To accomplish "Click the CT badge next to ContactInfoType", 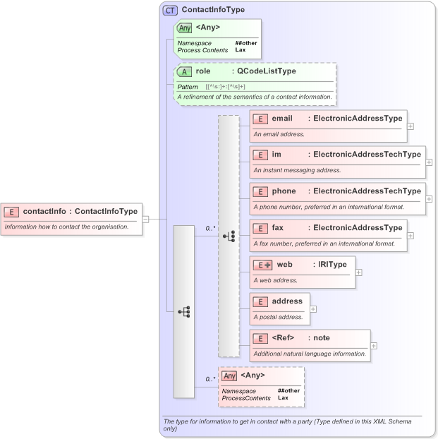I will click(170, 11).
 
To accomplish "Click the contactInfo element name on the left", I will click(46, 210).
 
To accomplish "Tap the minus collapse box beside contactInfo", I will click(145, 219).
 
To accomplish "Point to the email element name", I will click(282, 118).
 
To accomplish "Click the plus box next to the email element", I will click(410, 126).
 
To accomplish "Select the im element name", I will click(276, 154).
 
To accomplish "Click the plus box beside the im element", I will click(429, 162).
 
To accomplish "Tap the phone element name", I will click(284, 191).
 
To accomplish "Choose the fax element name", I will click(279, 228).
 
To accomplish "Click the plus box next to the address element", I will click(313, 309).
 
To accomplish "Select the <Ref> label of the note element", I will click(283, 338).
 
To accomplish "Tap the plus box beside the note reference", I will click(374, 346).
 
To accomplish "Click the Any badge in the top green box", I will click(184, 28).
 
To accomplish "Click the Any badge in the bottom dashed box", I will click(229, 375).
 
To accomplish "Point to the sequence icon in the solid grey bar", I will click(183, 311).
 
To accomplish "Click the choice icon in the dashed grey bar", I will click(229, 236).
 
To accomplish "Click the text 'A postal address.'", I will click(278, 317).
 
